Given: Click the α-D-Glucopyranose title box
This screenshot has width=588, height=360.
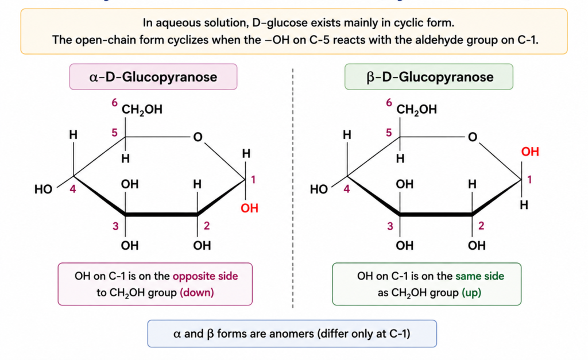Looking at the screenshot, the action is click(153, 77).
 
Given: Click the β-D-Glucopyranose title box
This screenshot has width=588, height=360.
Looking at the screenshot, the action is click(428, 77).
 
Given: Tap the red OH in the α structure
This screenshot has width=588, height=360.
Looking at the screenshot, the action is click(249, 208).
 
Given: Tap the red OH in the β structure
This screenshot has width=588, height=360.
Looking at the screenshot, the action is click(530, 152).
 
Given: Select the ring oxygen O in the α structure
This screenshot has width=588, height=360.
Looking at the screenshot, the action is click(198, 137).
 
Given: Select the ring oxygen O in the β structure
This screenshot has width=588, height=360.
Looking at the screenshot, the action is click(473, 137).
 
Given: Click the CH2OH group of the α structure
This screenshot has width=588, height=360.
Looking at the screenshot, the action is click(142, 110).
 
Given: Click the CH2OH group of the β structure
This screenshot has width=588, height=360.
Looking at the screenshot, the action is click(417, 110).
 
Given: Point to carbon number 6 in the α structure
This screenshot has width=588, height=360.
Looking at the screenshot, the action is click(114, 102).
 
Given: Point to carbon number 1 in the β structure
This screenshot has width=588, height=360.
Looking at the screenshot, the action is click(529, 180).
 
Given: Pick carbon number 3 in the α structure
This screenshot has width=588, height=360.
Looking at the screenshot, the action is click(115, 226).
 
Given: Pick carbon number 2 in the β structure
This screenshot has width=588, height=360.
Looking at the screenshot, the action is click(481, 226).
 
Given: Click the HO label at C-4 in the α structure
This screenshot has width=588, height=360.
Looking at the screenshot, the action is click(44, 189).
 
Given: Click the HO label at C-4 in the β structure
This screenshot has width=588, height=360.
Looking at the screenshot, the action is click(319, 189).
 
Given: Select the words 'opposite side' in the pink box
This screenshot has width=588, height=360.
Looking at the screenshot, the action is click(205, 276).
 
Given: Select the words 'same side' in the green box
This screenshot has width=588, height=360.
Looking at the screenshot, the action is click(479, 276).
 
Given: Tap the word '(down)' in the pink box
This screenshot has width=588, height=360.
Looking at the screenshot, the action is click(197, 292).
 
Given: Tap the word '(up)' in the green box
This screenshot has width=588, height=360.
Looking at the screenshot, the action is click(471, 292).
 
